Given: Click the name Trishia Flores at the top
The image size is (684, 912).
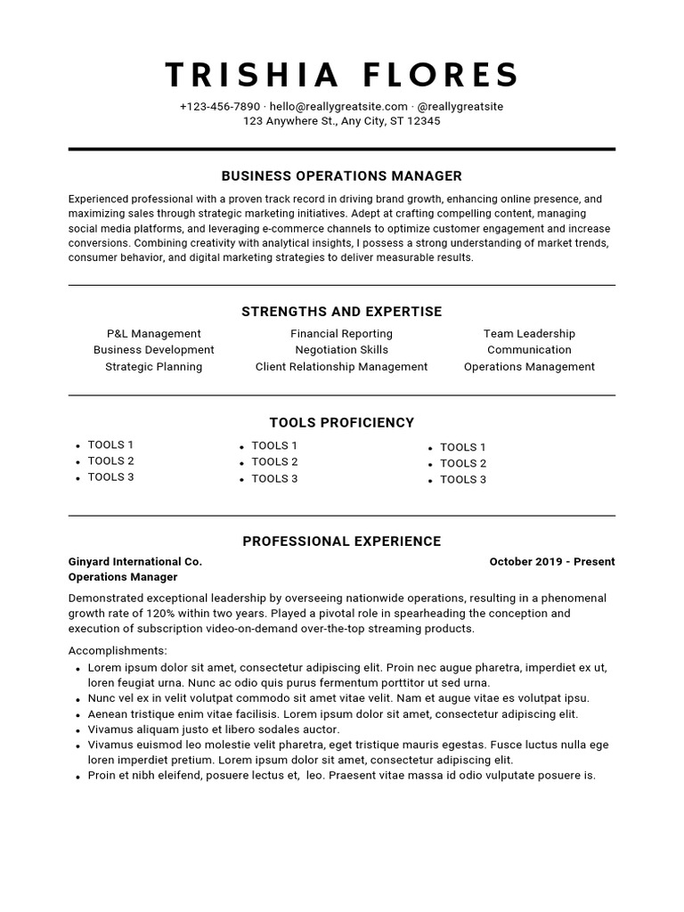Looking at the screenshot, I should [342, 76].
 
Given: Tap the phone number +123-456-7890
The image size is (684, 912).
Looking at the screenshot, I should [219, 107].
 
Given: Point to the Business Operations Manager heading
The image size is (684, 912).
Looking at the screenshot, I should [342, 176].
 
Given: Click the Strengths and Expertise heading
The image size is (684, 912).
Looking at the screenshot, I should [342, 312].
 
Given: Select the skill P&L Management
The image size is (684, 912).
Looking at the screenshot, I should [153, 334].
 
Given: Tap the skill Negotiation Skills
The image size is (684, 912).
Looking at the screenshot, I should [342, 350].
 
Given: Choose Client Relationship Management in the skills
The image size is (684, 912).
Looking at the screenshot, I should [342, 367].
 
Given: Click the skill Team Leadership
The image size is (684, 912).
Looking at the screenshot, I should [529, 334].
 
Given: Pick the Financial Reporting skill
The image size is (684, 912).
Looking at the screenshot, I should [342, 334].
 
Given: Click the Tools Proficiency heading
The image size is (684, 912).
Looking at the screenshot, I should [342, 422].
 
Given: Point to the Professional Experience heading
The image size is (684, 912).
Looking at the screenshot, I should [342, 541].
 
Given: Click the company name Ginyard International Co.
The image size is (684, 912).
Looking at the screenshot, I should [135, 562].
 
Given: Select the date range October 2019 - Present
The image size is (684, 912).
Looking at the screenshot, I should [552, 562].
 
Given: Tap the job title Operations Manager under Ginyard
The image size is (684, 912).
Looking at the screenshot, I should [122, 577].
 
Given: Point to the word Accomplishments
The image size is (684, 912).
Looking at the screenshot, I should [118, 651].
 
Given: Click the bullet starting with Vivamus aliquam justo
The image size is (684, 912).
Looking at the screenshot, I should [214, 729].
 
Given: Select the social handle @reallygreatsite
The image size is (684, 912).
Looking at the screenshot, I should [460, 107].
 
